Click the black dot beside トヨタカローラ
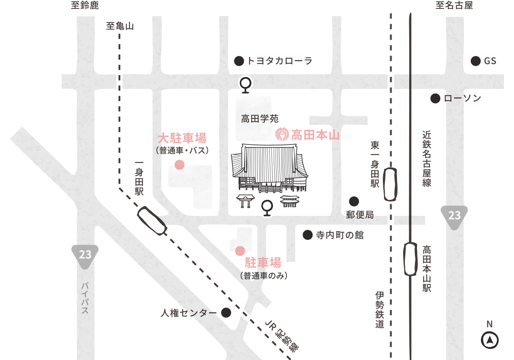click(239, 61)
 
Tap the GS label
click(490, 61)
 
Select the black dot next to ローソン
click(435, 99)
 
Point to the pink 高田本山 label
click(315, 135)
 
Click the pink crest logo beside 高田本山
click(282, 134)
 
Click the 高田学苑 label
click(260, 119)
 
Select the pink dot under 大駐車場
click(179, 165)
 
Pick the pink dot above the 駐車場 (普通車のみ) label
click(240, 251)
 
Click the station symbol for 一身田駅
click(152, 221)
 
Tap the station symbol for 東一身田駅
click(390, 185)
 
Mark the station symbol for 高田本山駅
click(411, 259)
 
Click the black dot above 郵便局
click(354, 201)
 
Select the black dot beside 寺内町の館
click(307, 235)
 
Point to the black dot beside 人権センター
click(226, 313)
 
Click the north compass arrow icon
click(490, 340)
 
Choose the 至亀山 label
click(120, 26)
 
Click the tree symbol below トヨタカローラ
click(246, 85)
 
